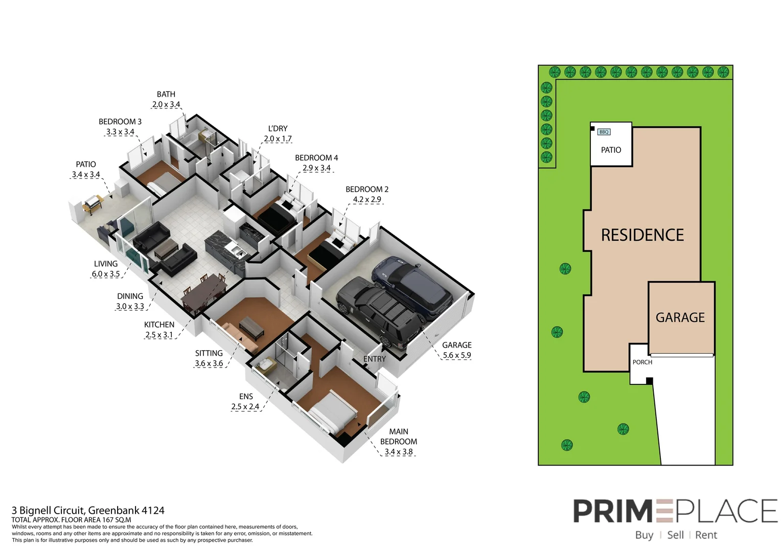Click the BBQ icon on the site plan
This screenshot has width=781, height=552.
coord(604,132)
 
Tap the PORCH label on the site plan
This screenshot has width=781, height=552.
coord(642,362)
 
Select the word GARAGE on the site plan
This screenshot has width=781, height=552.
coord(680,318)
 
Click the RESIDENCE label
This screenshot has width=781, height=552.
coord(642,235)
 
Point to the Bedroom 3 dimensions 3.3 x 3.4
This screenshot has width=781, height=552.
coord(120,132)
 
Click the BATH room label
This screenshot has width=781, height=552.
coord(166,95)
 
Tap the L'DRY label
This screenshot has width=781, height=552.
coord(278,129)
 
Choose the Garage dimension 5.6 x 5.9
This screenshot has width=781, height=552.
coord(457,355)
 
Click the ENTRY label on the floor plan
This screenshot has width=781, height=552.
coord(375,359)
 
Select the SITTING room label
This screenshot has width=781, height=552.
coord(209,353)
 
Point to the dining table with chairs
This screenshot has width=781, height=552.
coord(204,293)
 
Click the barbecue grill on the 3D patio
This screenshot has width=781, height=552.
coord(93,203)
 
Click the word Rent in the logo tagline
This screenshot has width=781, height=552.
coord(706,535)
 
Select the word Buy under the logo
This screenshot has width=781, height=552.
coord(644,535)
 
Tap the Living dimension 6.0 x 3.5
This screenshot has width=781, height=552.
coord(106,274)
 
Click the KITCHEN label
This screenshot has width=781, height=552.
coord(159,325)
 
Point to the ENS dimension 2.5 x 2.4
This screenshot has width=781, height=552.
coord(245,407)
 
